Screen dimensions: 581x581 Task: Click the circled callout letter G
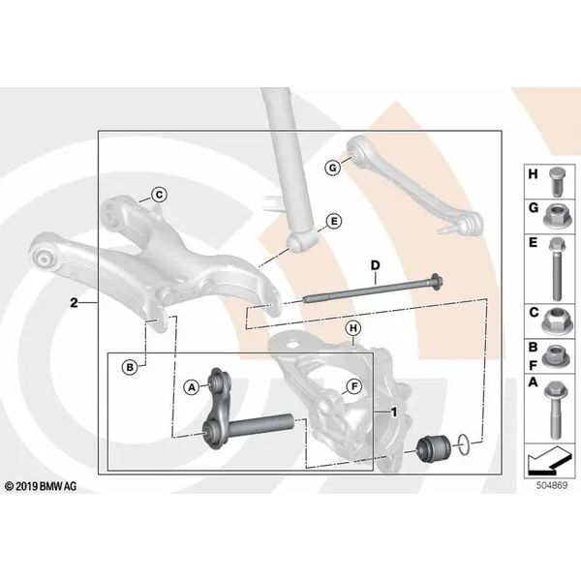(x=333, y=168)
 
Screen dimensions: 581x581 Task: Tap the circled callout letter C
(x=159, y=195)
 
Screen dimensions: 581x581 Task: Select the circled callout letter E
(x=334, y=221)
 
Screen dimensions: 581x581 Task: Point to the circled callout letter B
(x=130, y=367)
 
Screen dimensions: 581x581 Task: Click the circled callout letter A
(x=192, y=387)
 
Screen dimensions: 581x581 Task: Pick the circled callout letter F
(x=354, y=386)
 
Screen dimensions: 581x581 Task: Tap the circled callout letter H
(x=353, y=328)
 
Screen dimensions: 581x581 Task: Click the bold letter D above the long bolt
(x=376, y=265)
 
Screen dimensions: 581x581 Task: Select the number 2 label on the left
(x=75, y=303)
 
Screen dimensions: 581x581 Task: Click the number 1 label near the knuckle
(x=394, y=413)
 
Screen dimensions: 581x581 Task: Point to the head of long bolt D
(x=437, y=283)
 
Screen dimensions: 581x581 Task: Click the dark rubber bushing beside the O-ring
(x=434, y=448)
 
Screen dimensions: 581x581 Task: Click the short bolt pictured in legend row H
(x=556, y=182)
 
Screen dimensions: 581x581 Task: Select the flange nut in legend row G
(x=556, y=216)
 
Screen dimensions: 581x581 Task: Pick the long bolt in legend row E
(x=555, y=269)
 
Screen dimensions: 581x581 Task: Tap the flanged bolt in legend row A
(x=555, y=410)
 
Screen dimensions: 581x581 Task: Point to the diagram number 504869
(x=552, y=485)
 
